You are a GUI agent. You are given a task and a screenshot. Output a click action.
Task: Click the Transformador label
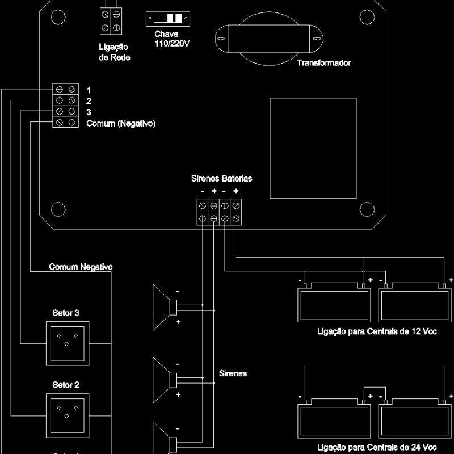(323, 63)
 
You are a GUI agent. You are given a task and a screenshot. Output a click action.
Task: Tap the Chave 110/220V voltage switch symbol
(169, 19)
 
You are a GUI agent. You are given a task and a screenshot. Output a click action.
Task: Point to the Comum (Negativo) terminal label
(121, 123)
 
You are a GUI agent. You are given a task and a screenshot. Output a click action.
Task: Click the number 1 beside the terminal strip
(89, 90)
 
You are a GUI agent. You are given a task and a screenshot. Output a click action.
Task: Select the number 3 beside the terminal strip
(89, 112)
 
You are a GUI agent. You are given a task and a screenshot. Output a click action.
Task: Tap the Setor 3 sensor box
(67, 343)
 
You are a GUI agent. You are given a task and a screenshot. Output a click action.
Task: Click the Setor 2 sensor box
(67, 415)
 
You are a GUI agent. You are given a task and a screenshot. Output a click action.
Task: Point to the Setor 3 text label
(66, 313)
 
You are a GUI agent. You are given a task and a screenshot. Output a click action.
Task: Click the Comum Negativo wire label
(81, 267)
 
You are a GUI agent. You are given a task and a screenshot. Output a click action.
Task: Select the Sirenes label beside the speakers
(233, 373)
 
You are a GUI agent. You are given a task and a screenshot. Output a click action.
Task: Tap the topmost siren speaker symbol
(165, 307)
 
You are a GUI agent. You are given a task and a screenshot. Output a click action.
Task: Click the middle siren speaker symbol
(165, 378)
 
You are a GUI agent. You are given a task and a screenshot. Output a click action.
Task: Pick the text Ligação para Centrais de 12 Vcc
(377, 332)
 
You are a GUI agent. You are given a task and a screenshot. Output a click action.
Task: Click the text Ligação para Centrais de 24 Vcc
(377, 447)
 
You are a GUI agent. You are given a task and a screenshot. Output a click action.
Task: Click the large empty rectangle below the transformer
(313, 148)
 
